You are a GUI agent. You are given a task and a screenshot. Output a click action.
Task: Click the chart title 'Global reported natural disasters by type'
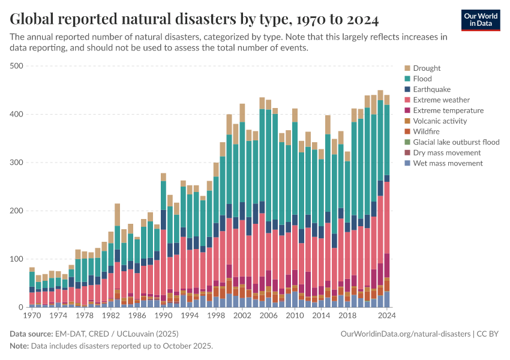click(x=194, y=20)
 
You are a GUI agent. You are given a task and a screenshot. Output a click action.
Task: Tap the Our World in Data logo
click(x=480, y=20)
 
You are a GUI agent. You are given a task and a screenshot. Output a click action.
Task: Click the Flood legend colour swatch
click(x=407, y=79)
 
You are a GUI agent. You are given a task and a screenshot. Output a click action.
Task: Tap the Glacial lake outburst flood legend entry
click(x=456, y=142)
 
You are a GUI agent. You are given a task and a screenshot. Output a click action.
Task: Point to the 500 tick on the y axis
click(x=16, y=66)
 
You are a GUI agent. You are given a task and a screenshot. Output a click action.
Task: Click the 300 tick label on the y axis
click(x=16, y=163)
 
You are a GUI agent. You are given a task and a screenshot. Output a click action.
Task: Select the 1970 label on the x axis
click(x=32, y=316)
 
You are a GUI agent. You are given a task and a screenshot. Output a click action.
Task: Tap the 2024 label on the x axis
click(x=386, y=316)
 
